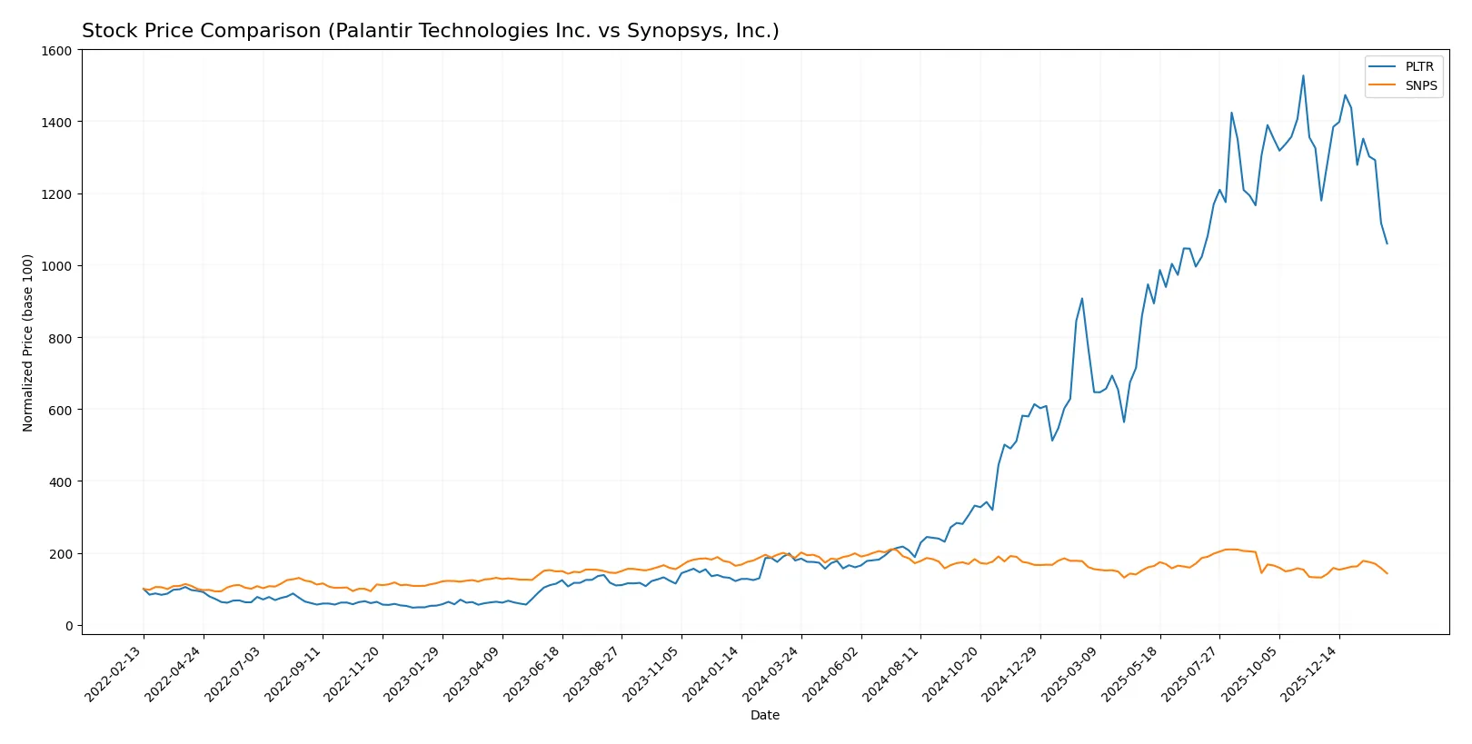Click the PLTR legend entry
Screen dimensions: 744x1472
(1418, 66)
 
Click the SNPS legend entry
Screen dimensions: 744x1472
(1420, 85)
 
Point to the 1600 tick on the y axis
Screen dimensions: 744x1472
(56, 51)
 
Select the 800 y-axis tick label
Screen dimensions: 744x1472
(60, 338)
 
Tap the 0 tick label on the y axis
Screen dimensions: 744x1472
(68, 626)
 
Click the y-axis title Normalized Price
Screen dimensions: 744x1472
(28, 342)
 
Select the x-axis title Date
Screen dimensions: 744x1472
(764, 715)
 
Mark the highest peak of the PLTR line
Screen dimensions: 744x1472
(1303, 75)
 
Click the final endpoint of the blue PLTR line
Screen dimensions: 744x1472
(1387, 243)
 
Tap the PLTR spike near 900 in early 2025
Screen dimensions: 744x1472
(1081, 298)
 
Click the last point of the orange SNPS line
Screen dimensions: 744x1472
(1387, 573)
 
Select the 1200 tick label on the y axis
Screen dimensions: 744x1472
(56, 194)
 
